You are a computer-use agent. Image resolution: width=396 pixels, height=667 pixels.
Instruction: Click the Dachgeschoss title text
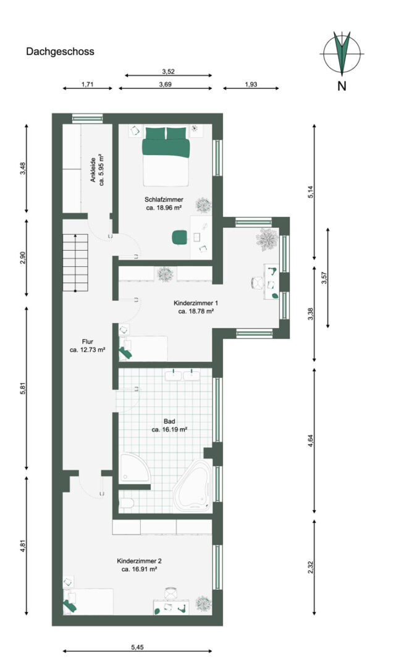(x=60, y=51)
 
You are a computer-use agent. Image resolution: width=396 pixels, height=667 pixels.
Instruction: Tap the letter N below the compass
(x=342, y=85)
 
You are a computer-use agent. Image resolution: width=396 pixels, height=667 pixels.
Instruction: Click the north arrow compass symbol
(x=342, y=52)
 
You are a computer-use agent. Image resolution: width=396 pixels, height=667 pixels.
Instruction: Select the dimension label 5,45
(x=137, y=647)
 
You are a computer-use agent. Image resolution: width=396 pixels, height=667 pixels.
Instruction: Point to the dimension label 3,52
(x=169, y=72)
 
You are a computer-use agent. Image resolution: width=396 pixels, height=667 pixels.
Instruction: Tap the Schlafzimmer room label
(x=164, y=199)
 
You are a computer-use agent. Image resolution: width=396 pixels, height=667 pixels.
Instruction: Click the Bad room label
(x=169, y=421)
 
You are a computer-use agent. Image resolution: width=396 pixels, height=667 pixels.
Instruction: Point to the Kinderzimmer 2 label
(x=139, y=561)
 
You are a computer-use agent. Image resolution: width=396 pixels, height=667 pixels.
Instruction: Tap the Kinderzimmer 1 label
(x=196, y=303)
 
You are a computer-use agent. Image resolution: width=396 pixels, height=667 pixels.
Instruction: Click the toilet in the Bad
(x=126, y=504)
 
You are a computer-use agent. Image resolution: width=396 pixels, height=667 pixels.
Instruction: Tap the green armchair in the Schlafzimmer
(x=180, y=237)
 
